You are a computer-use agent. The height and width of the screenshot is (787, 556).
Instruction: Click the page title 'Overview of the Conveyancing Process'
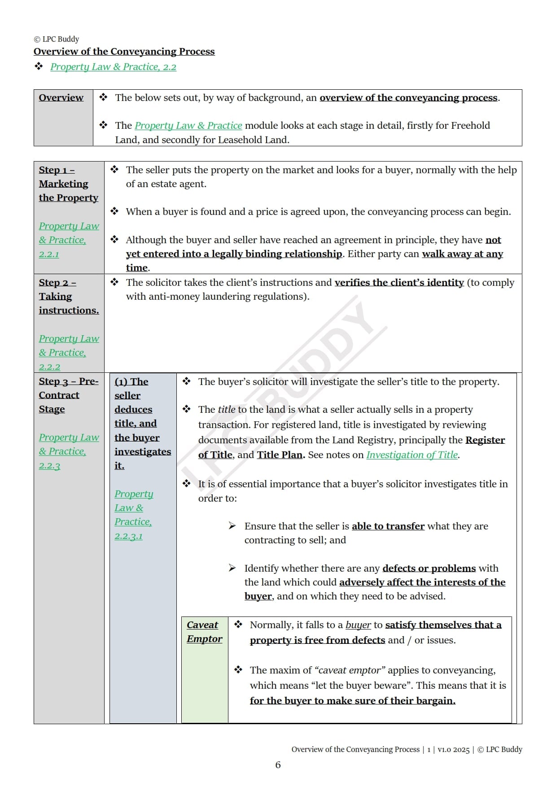pos(124,52)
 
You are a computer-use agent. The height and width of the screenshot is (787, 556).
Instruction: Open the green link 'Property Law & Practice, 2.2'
pos(113,67)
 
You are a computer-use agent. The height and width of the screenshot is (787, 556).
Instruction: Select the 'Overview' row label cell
pos(61,98)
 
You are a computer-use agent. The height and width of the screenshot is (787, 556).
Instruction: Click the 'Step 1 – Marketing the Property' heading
pos(68,184)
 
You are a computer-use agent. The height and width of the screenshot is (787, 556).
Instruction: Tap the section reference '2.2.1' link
pos(49,254)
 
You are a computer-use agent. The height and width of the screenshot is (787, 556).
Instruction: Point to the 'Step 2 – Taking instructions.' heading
pos(69,297)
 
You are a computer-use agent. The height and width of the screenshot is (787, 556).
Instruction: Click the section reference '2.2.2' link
pos(49,367)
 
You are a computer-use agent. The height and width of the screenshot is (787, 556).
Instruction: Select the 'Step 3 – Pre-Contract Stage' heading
pos(68,395)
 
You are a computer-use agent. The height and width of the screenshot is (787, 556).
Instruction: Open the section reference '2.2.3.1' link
pos(128,536)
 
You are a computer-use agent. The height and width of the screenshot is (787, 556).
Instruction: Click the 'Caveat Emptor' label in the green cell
pos(204,632)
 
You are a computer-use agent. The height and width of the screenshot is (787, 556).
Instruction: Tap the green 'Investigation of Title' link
pos(412,455)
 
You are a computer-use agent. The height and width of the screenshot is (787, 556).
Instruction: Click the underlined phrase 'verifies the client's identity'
pos(399,283)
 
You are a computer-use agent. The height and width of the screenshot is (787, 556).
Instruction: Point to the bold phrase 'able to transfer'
pos(388,526)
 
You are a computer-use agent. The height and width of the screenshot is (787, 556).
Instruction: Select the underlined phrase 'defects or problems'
pos(429,568)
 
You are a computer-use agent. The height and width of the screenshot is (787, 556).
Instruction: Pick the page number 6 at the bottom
pos(278,765)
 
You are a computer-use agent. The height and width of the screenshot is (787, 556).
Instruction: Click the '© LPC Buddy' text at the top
pos(57,39)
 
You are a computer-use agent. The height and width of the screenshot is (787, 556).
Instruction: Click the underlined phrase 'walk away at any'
pos(462,254)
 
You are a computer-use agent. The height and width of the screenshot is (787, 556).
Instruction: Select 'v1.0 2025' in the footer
pos(453,750)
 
